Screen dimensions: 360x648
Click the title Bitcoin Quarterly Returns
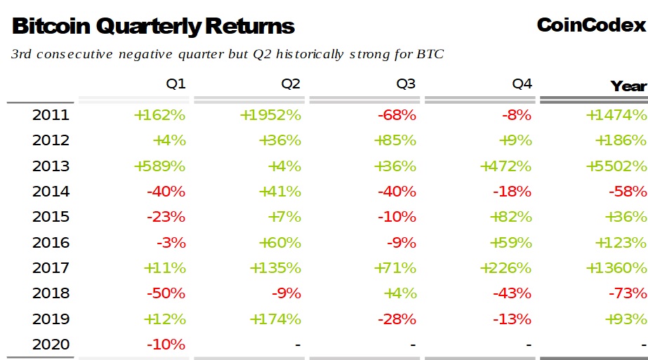153,27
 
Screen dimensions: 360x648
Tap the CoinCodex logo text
590,25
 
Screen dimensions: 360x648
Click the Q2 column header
291,84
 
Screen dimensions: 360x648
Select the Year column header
628,86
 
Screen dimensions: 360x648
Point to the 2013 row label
51,166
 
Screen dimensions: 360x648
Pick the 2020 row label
51,345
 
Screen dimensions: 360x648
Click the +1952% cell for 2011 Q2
270,115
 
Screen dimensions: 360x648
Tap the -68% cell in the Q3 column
397,115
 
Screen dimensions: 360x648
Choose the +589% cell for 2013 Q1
159,166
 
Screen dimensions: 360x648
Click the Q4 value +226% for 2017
505,268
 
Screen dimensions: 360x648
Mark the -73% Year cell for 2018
627,293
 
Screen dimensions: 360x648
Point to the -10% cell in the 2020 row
166,345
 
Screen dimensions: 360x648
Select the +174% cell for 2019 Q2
275,319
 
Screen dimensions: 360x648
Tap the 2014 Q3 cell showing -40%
397,192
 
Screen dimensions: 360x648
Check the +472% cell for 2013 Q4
505,166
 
